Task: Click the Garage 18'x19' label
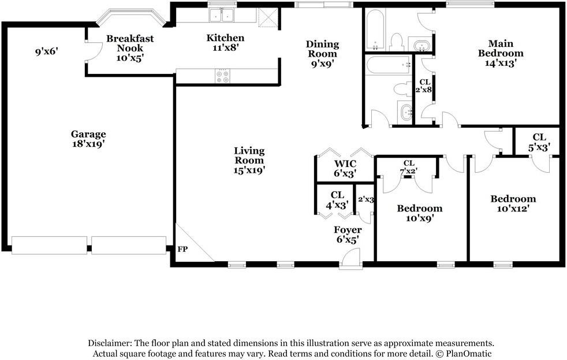click(88, 139)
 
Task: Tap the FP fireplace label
click(182, 250)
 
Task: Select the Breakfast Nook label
click(130, 43)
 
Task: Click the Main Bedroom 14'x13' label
click(501, 53)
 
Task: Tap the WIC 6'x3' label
click(344, 168)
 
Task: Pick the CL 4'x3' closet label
click(337, 200)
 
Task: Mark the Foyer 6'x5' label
click(348, 235)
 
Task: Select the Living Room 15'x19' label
click(249, 161)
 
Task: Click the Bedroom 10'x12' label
click(513, 203)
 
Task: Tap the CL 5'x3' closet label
click(539, 142)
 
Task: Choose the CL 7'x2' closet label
click(409, 167)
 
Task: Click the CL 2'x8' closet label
click(424, 86)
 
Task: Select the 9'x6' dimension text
click(46, 52)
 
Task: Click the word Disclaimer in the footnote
click(110, 343)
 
